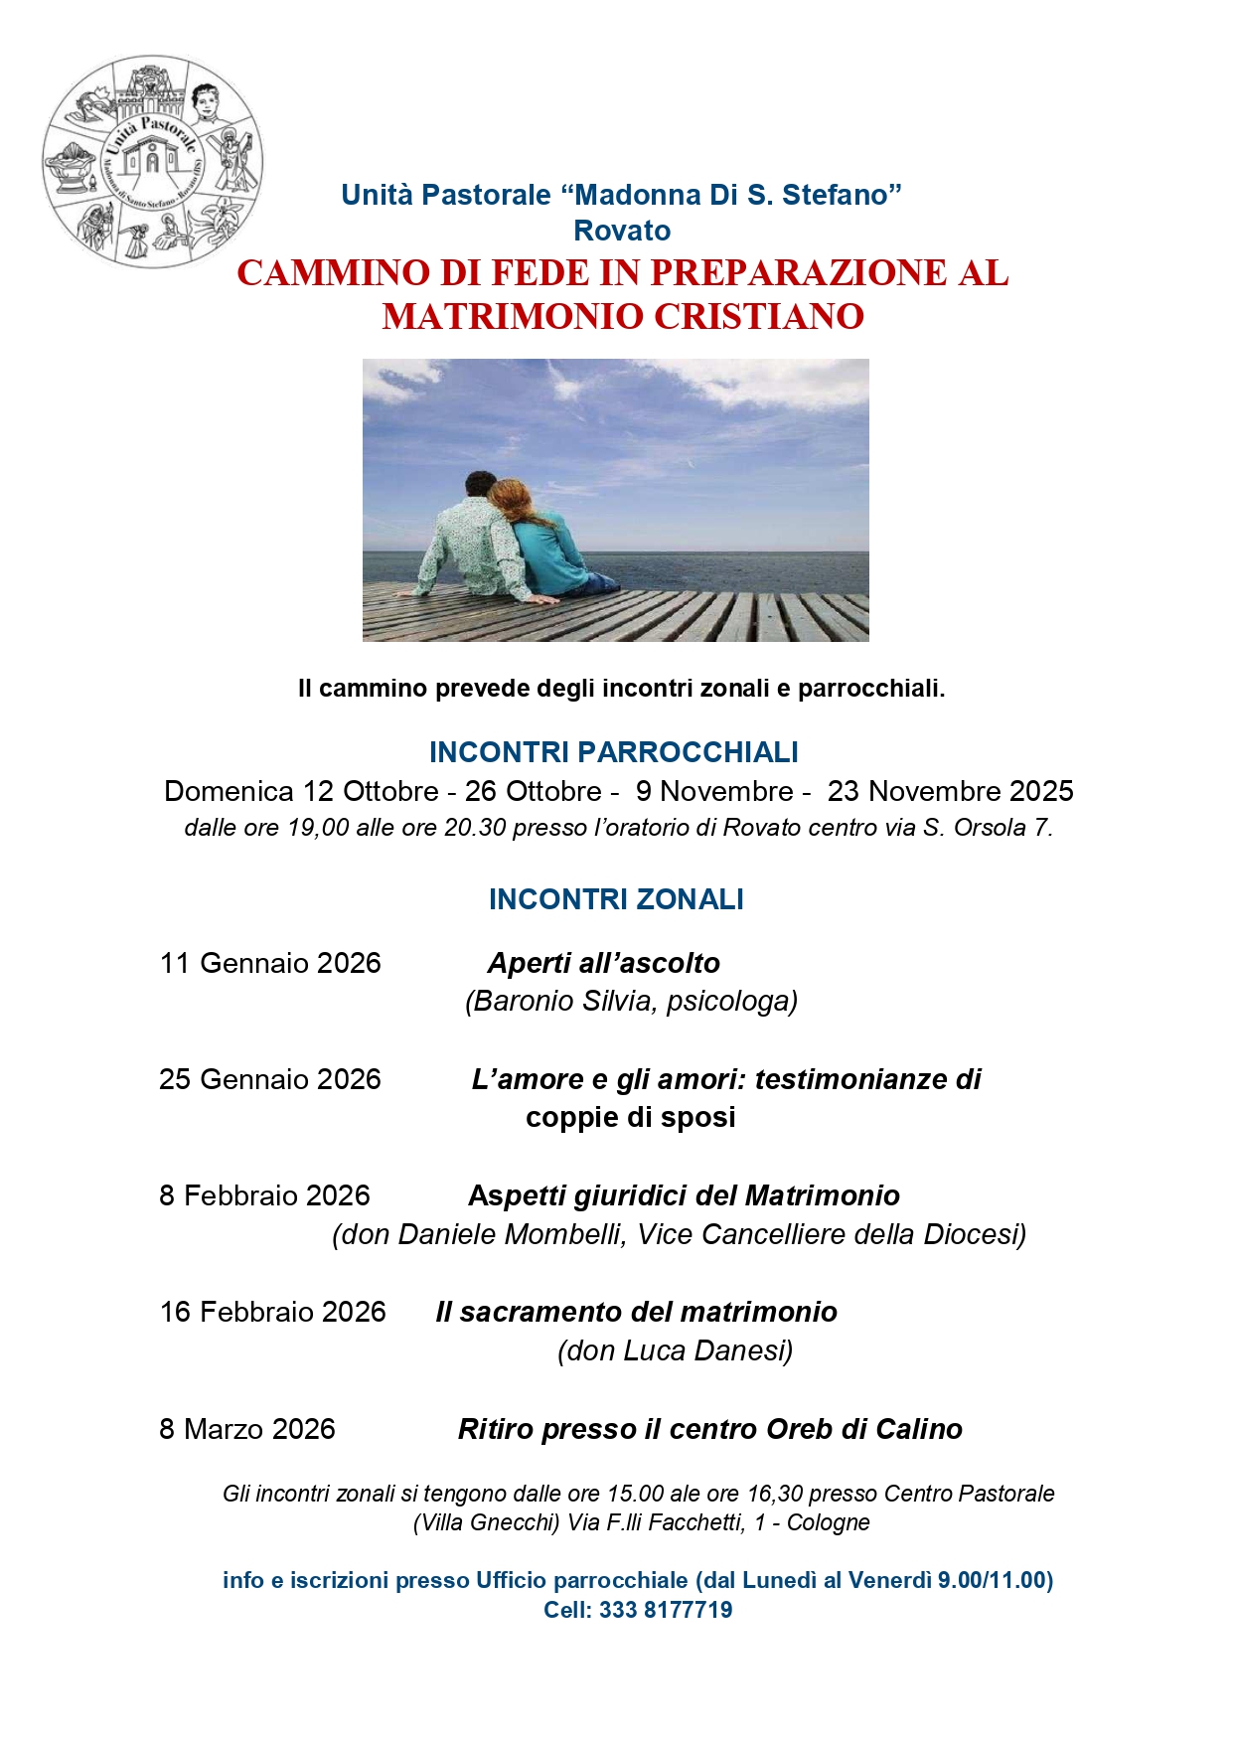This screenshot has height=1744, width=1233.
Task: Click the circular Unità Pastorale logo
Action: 152,161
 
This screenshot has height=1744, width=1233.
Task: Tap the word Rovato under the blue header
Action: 622,231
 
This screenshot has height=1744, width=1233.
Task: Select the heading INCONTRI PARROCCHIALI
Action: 613,752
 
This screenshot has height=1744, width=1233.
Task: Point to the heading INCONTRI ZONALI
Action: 616,899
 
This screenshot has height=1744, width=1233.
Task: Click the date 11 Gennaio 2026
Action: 270,963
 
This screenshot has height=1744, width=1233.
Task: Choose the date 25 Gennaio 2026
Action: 270,1079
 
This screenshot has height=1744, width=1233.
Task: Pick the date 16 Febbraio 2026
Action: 273,1312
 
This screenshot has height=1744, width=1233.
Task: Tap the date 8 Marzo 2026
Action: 247,1429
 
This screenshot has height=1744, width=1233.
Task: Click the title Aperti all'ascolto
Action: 603,963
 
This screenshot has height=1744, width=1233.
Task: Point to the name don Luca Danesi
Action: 676,1350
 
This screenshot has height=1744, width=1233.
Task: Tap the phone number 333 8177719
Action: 666,1610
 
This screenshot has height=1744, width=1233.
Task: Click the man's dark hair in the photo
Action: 479,483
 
